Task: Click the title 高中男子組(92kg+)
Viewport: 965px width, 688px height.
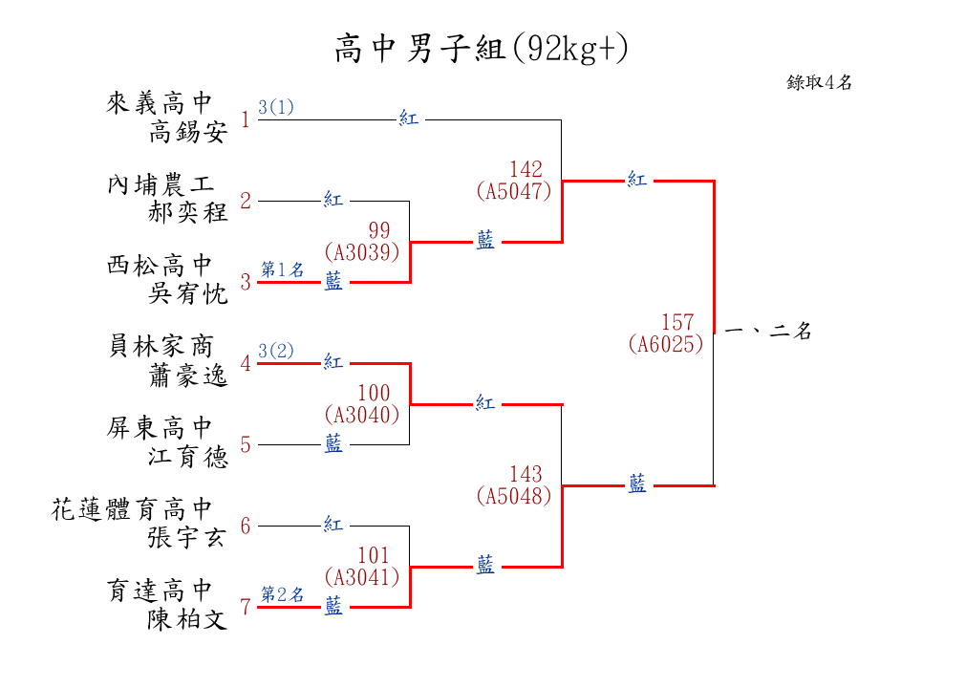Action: [482, 48]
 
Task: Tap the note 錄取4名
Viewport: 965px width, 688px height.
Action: [819, 82]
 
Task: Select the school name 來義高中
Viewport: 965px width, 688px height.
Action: [160, 103]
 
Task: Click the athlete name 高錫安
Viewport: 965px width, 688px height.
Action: [188, 132]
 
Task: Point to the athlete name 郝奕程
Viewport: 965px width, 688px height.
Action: [188, 212]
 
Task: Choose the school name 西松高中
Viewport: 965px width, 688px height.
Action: [160, 266]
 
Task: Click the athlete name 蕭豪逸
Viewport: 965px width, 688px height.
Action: [188, 376]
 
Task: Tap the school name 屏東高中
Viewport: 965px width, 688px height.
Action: [160, 428]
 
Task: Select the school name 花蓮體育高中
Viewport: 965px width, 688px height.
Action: [132, 509]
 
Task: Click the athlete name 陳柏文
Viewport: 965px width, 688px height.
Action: [188, 620]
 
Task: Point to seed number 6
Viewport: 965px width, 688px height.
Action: [246, 526]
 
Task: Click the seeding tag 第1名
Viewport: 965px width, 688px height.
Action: [282, 270]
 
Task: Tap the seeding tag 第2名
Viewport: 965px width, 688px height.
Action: [282, 594]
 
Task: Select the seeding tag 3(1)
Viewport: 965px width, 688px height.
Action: [275, 107]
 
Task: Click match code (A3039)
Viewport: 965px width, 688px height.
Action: [361, 251]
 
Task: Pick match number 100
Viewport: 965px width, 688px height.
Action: [374, 393]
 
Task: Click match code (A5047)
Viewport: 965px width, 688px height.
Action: [513, 190]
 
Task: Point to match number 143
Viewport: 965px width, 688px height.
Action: [525, 474]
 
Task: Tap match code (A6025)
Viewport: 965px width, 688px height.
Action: [666, 344]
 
